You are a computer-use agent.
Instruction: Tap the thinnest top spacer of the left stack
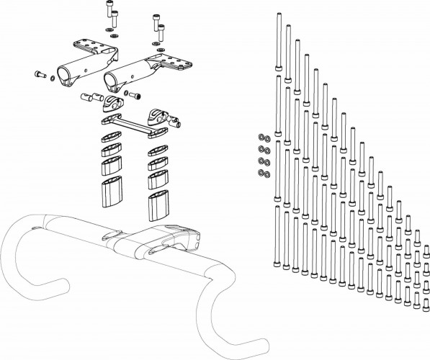(110, 136)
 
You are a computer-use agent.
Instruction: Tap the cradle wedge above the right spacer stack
(157, 115)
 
